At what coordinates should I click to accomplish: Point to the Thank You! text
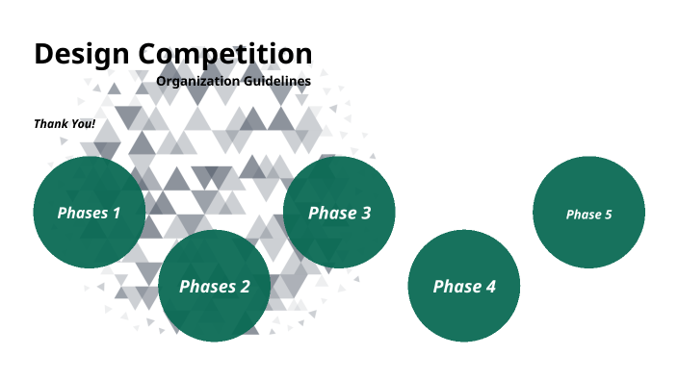click(65, 124)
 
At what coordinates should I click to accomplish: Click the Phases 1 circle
click(90, 213)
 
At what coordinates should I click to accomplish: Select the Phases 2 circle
click(214, 286)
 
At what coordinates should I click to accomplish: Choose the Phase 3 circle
click(339, 213)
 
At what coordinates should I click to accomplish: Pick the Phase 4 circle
click(464, 286)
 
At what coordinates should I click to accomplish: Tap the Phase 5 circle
click(588, 214)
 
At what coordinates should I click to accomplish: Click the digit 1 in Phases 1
click(117, 213)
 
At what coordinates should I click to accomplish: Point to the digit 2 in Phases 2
click(245, 286)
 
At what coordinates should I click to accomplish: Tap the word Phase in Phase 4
click(455, 286)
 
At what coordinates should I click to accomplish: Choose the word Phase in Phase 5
click(583, 215)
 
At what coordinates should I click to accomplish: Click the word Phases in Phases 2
click(207, 286)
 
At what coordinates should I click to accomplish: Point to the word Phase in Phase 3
click(330, 213)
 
